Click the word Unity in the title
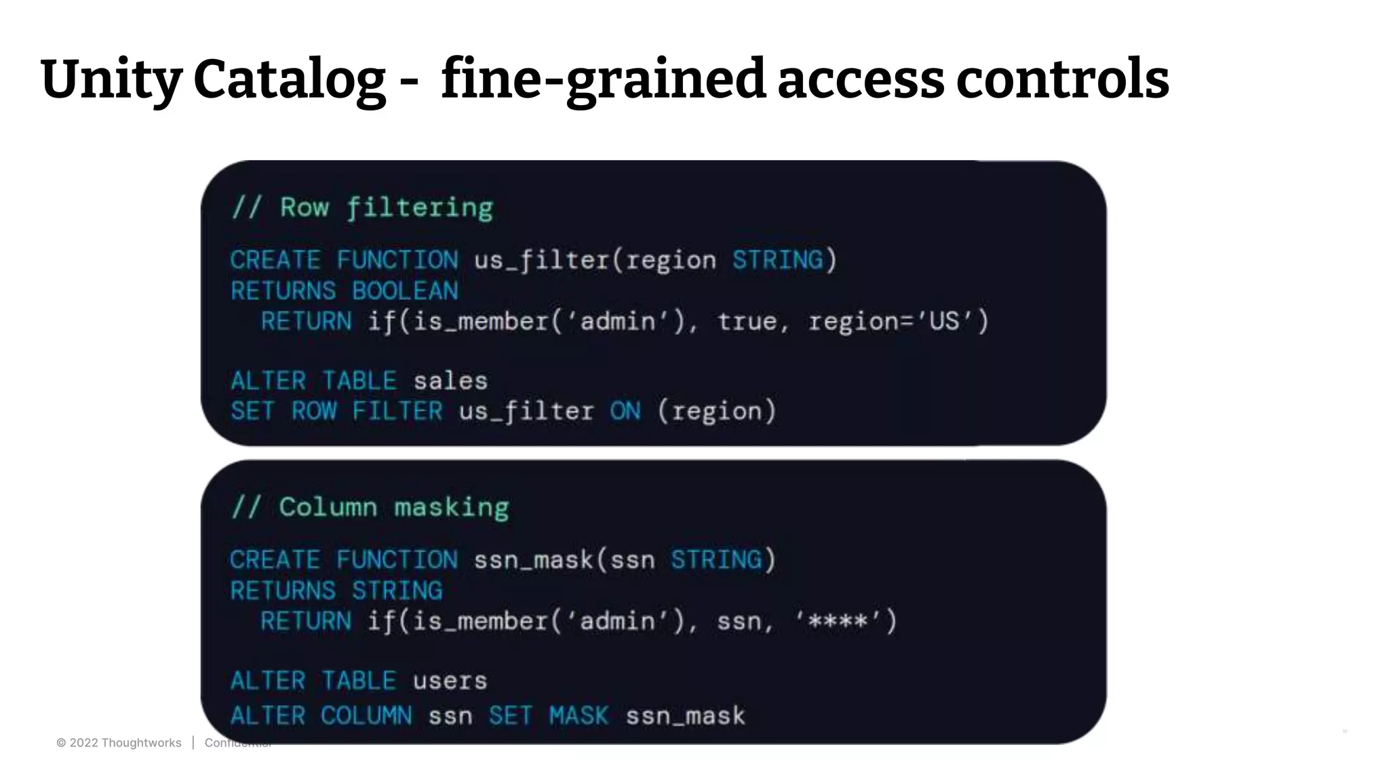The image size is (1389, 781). (111, 80)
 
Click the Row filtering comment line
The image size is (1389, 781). (362, 207)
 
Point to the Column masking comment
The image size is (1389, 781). (370, 507)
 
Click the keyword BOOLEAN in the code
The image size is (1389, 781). (405, 291)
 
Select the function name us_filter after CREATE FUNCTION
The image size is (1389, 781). (541, 260)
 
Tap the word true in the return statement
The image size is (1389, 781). (747, 321)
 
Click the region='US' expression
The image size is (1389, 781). (897, 321)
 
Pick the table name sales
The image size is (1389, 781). (450, 381)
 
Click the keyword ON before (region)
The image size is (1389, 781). (625, 411)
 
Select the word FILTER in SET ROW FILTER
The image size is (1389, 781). (397, 411)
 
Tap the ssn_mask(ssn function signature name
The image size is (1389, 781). (533, 560)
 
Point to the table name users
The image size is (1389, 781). (450, 681)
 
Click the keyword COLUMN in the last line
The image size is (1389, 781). (366, 716)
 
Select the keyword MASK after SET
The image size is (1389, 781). (579, 716)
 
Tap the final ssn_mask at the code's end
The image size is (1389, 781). (685, 716)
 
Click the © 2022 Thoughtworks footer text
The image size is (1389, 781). (119, 743)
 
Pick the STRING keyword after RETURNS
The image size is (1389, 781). (397, 590)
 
